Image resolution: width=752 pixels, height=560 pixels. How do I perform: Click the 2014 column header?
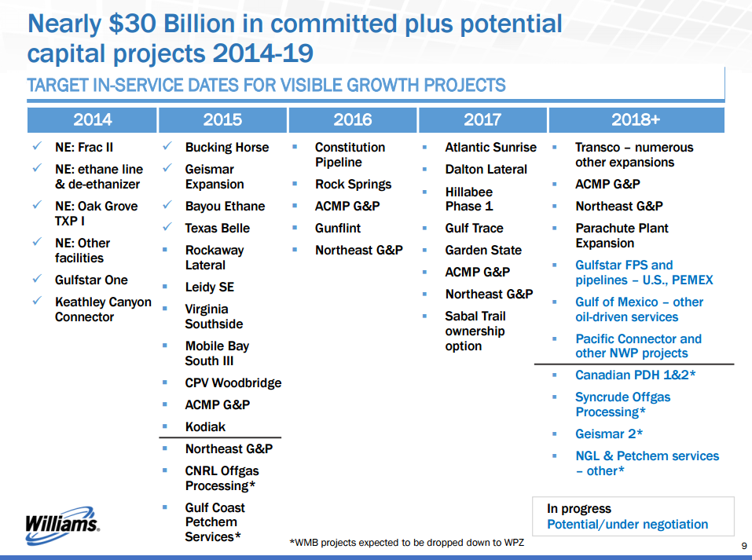[92, 119]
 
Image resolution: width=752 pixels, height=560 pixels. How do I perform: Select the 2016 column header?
[353, 119]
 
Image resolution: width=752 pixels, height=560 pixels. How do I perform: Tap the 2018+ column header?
[636, 119]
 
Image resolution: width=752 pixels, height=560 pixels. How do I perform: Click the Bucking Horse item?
[226, 147]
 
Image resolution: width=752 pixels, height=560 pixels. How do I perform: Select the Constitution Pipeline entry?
[350, 155]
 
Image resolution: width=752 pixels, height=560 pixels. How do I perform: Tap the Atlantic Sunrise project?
[490, 147]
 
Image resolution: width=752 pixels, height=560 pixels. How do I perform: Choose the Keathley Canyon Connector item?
[103, 309]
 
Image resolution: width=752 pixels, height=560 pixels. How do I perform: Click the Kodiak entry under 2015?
[205, 426]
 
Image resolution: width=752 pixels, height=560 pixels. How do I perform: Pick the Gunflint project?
[338, 228]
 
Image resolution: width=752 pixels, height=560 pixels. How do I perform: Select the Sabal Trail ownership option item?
[475, 331]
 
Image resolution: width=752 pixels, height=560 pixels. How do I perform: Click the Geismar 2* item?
[610, 434]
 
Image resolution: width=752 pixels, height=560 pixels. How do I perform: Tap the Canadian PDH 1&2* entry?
[635, 375]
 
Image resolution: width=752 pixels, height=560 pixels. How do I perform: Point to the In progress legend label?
[579, 508]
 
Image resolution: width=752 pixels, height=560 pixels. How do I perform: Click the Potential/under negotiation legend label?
[627, 524]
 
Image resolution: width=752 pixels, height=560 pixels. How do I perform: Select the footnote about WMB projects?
[407, 543]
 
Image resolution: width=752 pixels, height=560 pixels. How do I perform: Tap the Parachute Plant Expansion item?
[622, 236]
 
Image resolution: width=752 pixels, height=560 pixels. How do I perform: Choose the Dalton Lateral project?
[486, 169]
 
